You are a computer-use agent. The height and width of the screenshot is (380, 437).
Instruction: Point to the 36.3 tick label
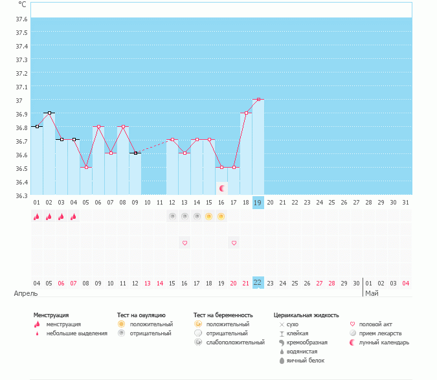point(21,196)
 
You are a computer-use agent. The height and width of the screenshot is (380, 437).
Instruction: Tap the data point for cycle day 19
point(258,100)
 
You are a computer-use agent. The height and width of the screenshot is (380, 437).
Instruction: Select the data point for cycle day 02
point(49,113)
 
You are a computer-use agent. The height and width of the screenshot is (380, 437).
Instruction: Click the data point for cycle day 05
point(86,167)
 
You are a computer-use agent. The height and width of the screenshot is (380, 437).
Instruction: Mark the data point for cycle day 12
point(172,140)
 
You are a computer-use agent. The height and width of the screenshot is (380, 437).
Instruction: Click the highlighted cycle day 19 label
point(258,203)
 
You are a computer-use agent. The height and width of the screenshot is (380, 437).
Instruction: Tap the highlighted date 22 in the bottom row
point(258,283)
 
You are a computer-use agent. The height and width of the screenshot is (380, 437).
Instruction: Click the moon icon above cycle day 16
point(222,188)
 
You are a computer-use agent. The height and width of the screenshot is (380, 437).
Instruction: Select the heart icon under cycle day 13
point(185,243)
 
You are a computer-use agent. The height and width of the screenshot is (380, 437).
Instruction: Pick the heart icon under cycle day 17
point(234,243)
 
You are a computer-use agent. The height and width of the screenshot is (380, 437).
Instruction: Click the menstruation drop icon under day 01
point(37,217)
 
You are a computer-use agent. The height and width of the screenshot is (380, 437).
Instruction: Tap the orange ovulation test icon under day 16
point(221,216)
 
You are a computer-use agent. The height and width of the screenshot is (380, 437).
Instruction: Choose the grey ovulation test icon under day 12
point(172,216)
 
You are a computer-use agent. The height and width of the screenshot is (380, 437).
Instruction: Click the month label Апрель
point(26,293)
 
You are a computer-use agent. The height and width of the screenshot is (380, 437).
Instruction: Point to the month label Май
point(372,293)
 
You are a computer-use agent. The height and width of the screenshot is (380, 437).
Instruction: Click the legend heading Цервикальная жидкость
point(306,315)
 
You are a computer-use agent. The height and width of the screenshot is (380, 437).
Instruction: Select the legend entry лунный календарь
point(385,342)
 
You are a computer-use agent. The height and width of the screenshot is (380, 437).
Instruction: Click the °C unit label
point(22,4)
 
